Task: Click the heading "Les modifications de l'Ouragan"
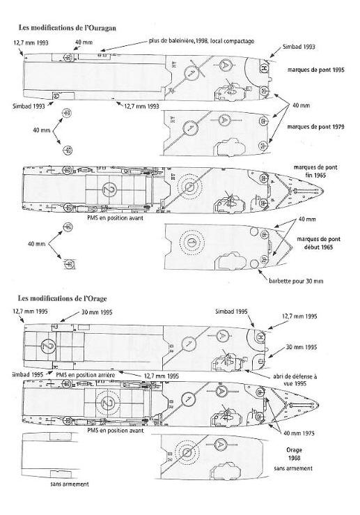pos(68,28)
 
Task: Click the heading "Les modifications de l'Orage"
pos(63,298)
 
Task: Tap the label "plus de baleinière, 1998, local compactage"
pos(201,41)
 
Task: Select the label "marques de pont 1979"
pos(315,126)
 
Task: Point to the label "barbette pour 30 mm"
pos(296,281)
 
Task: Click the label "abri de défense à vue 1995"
pos(295,380)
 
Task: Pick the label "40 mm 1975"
pos(299,433)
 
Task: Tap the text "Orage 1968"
pos(294,454)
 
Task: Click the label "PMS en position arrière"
pos(86,375)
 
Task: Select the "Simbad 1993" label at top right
pos(299,47)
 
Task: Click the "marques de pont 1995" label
pos(316,70)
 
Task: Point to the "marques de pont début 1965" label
pos(318,243)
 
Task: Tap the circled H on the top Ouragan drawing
pos(263,68)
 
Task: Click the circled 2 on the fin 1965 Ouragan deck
pos(109,189)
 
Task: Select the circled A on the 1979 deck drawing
pos(224,120)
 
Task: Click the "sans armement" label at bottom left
pos(70,484)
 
